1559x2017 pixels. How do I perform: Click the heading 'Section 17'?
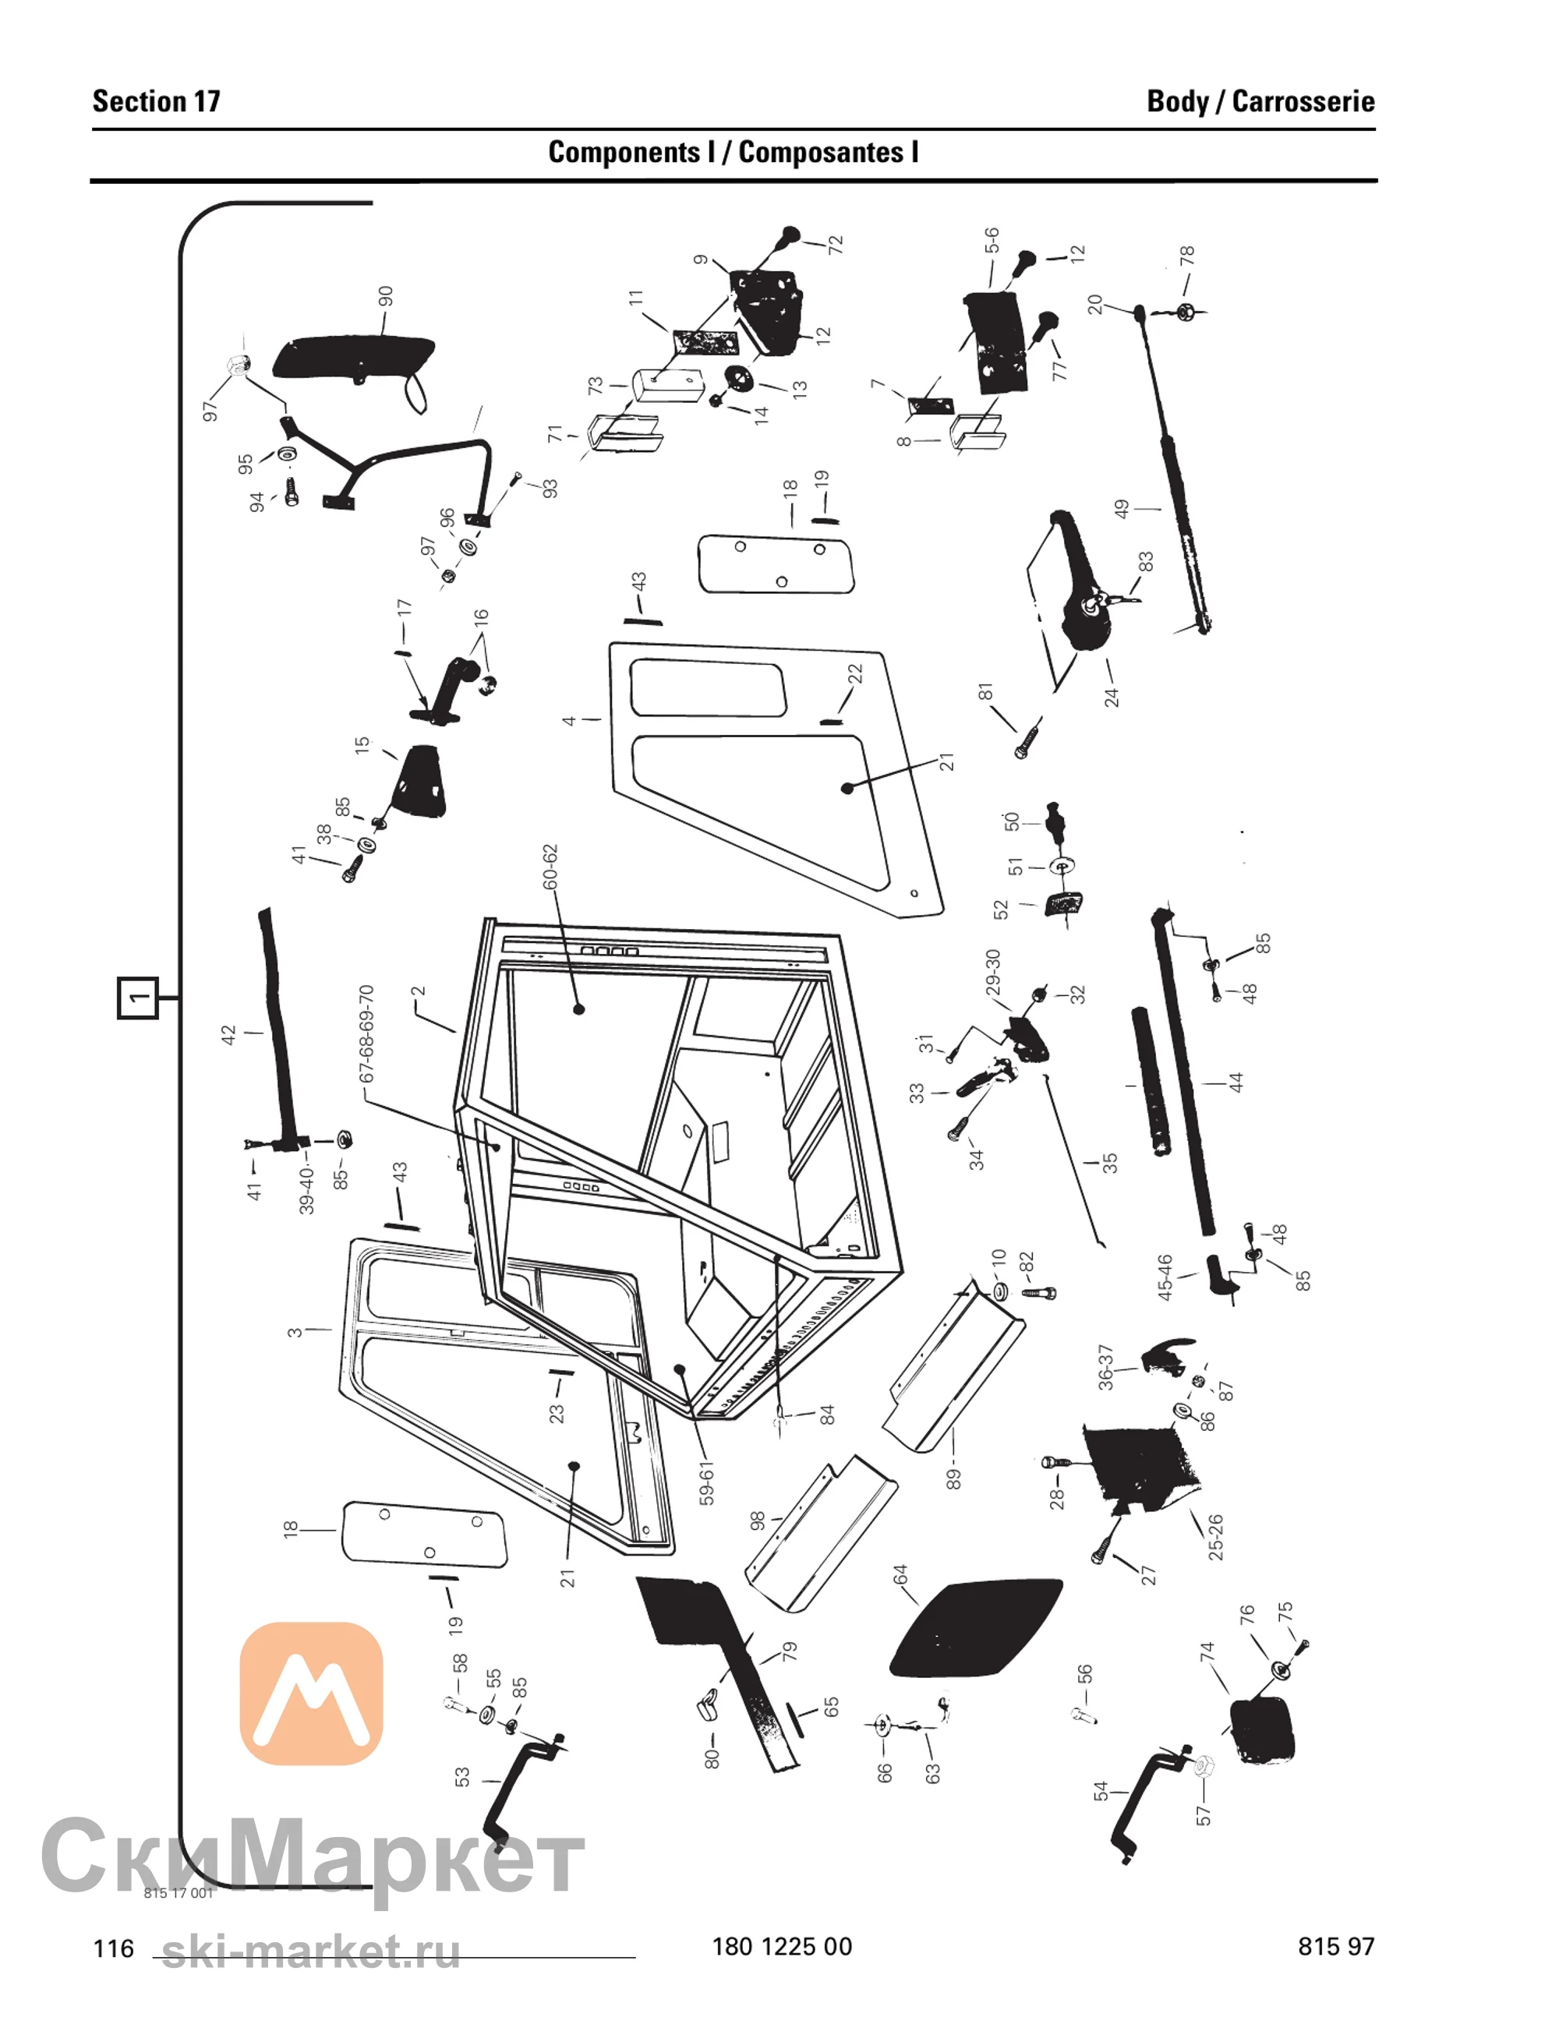156,101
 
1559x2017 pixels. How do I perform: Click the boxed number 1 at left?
138,998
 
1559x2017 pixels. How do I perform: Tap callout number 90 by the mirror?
386,296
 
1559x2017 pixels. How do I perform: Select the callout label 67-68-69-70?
366,1033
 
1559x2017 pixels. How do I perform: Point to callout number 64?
900,1574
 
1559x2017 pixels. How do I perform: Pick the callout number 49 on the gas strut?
1121,509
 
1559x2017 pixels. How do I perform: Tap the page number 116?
114,1948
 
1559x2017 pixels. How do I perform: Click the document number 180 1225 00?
781,1947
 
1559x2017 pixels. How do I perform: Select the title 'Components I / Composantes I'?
734,153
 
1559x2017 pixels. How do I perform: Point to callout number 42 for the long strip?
229,1034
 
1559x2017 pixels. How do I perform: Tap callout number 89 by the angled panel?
953,1478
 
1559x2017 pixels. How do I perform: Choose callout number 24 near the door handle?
1111,696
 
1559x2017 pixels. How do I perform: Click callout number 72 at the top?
836,246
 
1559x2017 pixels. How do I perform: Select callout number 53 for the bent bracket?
461,1777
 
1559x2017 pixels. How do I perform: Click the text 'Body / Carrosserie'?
1260,101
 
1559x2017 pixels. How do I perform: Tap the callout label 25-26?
1215,1538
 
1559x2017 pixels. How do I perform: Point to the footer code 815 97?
1336,1947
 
